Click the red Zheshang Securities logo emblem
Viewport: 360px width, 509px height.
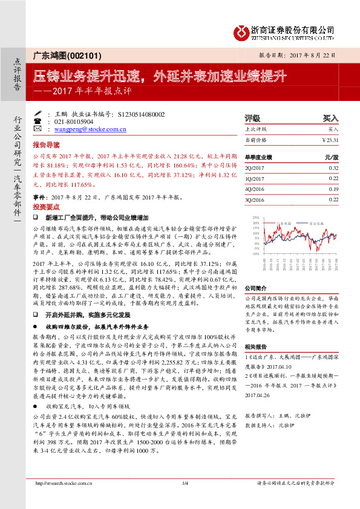coord(241,31)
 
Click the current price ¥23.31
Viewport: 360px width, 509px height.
coord(330,140)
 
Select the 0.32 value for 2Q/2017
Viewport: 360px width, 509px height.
coord(333,167)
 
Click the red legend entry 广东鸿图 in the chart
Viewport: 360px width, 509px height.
coord(284,222)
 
